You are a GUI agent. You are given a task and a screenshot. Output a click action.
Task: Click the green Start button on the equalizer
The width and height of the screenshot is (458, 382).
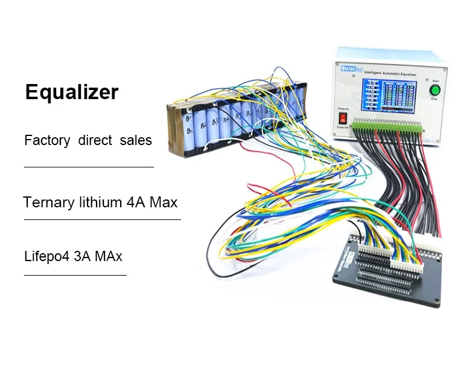click(x=434, y=91)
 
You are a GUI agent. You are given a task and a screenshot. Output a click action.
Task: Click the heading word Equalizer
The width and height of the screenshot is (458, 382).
click(x=72, y=92)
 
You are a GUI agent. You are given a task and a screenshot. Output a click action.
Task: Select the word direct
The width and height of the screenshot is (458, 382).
click(x=95, y=140)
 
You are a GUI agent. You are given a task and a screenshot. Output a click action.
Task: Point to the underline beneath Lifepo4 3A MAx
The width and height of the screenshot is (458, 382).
click(x=75, y=275)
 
